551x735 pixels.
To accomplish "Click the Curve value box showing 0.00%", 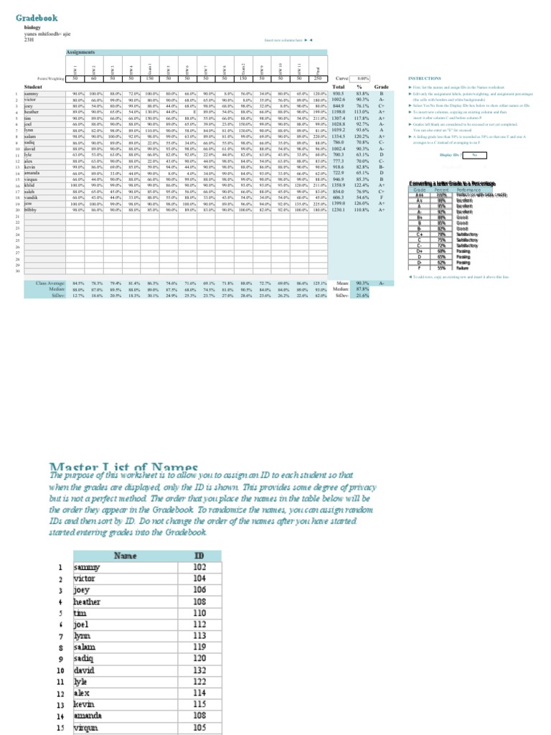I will pos(362,78).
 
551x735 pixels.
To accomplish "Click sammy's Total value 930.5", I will pos(339,93).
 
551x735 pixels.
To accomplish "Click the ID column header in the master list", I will pos(199,556).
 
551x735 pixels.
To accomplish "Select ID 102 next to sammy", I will pos(199,567).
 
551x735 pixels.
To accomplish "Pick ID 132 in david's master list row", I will pos(199,670).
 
